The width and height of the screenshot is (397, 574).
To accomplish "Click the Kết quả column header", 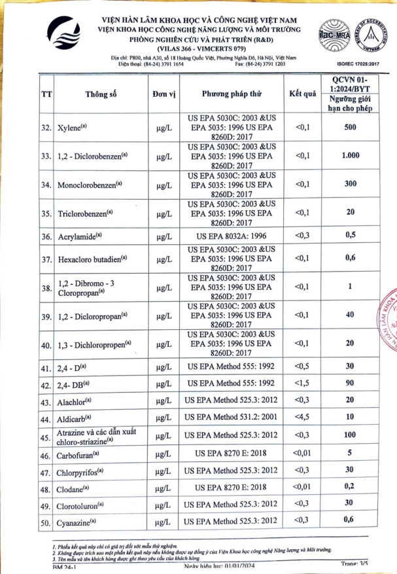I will pyautogui.click(x=303, y=94).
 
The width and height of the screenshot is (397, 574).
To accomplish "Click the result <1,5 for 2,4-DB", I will pyautogui.click(x=303, y=383).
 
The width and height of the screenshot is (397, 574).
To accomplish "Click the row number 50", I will pyautogui.click(x=46, y=522).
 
